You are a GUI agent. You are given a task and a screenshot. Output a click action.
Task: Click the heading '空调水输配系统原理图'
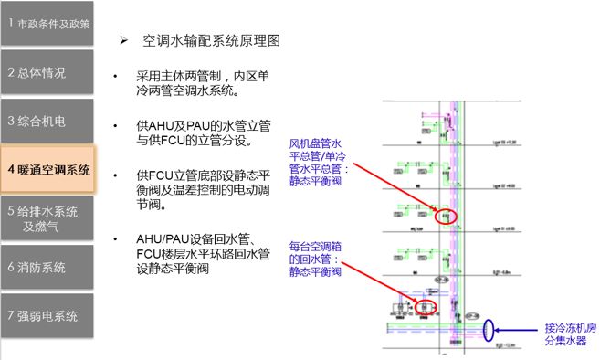click(x=211, y=41)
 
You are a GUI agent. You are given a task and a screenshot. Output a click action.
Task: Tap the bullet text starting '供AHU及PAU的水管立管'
click(x=203, y=132)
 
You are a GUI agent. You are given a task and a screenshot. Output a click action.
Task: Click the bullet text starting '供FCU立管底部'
click(x=203, y=189)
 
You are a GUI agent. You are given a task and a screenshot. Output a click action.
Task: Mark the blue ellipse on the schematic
click(x=490, y=328)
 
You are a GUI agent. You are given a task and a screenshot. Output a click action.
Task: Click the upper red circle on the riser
click(x=445, y=217)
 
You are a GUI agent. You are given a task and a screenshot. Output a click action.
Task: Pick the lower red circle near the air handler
click(x=426, y=304)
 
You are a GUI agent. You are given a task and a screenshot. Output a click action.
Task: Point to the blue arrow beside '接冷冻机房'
click(x=521, y=328)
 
